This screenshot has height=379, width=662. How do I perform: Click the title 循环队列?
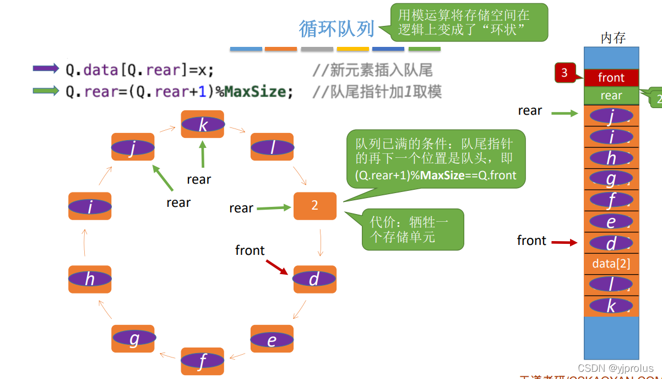[x=337, y=29]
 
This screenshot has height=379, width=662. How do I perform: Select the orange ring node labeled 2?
[x=314, y=206]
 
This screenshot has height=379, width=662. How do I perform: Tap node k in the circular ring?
[x=203, y=125]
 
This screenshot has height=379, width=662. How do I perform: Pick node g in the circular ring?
[x=134, y=339]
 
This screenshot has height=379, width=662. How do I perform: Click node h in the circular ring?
[x=90, y=279]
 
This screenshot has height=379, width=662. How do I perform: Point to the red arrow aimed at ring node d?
[x=277, y=268]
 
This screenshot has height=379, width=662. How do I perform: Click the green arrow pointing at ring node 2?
[x=273, y=208]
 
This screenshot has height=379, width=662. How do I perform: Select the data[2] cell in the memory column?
[x=611, y=264]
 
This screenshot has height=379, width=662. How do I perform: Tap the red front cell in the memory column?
[x=611, y=78]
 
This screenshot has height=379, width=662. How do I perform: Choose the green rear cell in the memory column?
[x=611, y=95]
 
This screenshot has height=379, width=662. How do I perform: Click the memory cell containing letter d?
[x=611, y=243]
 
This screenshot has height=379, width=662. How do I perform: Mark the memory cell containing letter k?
[x=611, y=306]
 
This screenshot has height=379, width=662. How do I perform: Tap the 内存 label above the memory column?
[x=612, y=38]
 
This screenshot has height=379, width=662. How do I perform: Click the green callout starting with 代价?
[x=413, y=229]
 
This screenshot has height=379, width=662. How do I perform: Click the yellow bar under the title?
[x=352, y=49]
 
